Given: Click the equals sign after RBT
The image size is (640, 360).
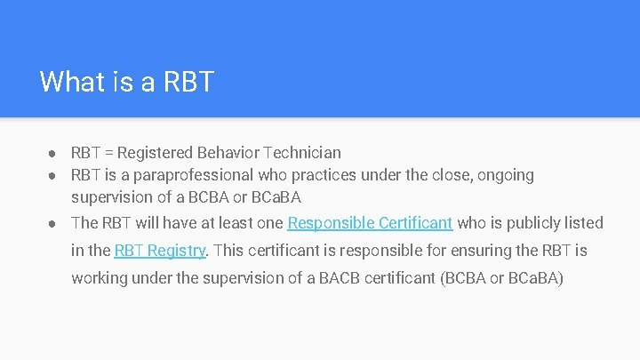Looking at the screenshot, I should (x=109, y=153).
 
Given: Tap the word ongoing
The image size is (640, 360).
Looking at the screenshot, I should (x=505, y=175).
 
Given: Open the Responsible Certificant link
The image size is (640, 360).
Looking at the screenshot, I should (x=370, y=222).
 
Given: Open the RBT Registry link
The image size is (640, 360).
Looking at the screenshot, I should (x=160, y=251).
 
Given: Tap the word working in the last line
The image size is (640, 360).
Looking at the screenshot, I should (x=100, y=278).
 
